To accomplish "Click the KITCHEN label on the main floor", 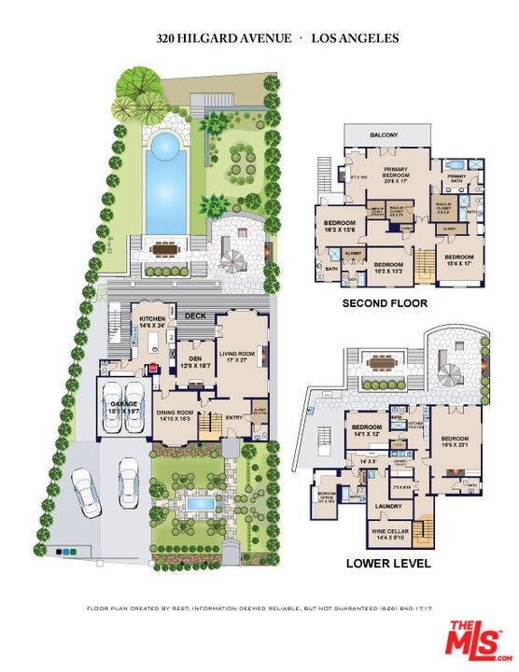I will (151, 318).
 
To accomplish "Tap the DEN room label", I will (195, 358).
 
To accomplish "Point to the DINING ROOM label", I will (175, 413).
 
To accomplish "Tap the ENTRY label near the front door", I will (232, 417).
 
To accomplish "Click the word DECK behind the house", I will (194, 315).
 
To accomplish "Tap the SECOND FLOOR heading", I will (385, 303).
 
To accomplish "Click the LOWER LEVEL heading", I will (387, 564).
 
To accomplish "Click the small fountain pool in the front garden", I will (199, 503).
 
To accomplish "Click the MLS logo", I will (474, 640).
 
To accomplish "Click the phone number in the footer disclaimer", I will (406, 608).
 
